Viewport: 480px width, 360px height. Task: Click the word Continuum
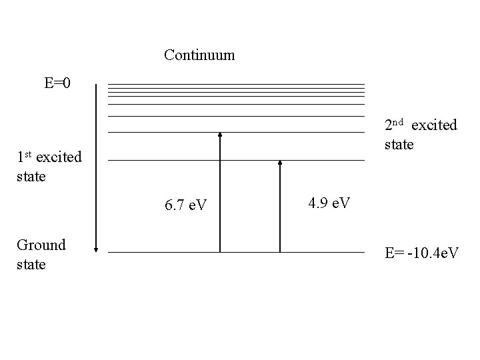[x=199, y=55]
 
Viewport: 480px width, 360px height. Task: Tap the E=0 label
[x=58, y=83]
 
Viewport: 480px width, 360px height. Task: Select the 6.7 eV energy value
[x=185, y=205]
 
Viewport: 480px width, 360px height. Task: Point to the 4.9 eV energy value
[x=329, y=202]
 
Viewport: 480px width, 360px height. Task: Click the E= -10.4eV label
[x=421, y=253]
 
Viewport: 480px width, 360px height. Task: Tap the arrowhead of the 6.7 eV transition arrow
[x=219, y=135]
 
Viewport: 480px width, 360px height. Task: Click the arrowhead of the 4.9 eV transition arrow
[x=280, y=163]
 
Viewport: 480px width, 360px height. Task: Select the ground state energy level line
[x=167, y=252]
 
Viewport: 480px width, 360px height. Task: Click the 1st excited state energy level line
[x=167, y=160]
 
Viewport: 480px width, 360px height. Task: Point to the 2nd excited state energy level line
[x=167, y=133]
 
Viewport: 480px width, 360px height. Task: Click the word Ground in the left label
[x=41, y=245]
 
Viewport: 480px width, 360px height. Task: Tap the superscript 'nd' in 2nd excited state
[x=398, y=122]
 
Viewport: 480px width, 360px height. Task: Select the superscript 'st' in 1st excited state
[x=27, y=155]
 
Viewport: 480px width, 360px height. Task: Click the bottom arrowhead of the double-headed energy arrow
[x=97, y=249]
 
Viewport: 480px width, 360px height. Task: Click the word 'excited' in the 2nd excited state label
[x=435, y=125]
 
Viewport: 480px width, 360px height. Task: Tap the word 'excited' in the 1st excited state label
[x=59, y=158]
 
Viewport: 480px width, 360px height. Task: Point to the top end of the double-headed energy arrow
[x=97, y=85]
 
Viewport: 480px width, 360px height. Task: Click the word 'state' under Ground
[x=31, y=265]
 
